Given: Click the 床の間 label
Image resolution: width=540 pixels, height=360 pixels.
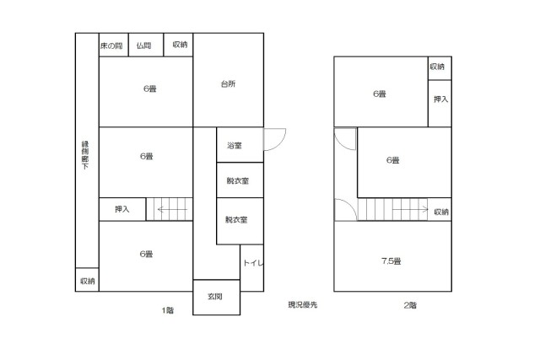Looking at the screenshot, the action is click(x=111, y=46).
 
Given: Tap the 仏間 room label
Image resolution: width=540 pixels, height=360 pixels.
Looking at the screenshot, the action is click(x=144, y=46).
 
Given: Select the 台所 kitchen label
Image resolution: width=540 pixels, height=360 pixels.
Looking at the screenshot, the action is click(x=228, y=83).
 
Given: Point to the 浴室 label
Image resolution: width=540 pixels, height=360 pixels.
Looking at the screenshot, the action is click(x=235, y=146).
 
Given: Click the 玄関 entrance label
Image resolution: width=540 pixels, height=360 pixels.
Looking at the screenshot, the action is click(x=215, y=296).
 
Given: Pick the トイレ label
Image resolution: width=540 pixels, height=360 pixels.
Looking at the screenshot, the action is click(x=253, y=263).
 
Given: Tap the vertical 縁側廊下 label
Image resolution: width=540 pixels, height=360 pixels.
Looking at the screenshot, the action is click(x=85, y=155).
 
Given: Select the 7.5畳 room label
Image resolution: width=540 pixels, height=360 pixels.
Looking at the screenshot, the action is click(x=391, y=261).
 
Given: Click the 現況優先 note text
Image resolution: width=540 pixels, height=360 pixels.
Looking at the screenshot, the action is click(x=303, y=304).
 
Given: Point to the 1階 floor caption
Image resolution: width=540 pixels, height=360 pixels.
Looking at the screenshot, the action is click(x=168, y=310).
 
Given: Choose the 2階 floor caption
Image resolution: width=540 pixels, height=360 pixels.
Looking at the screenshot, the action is click(x=410, y=305).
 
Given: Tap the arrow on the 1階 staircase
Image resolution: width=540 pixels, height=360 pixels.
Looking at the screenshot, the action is click(x=172, y=209).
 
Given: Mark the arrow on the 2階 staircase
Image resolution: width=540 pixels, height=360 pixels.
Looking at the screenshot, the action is click(x=411, y=209).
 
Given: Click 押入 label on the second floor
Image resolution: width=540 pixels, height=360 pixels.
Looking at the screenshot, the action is click(x=440, y=99).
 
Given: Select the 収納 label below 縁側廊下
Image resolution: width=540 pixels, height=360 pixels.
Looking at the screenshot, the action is click(x=88, y=282).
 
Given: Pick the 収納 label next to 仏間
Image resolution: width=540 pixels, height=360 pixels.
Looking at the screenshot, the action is click(x=180, y=45).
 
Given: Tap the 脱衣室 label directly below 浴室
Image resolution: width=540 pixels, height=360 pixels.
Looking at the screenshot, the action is click(x=238, y=180).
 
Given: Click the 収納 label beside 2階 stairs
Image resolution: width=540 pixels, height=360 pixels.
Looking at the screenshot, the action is click(x=441, y=212).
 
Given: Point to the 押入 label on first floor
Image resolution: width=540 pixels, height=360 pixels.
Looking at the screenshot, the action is click(x=121, y=209).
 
